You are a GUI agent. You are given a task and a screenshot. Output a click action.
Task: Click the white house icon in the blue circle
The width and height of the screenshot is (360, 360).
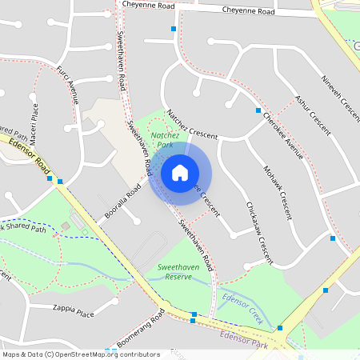pyautogui.click(x=180, y=172)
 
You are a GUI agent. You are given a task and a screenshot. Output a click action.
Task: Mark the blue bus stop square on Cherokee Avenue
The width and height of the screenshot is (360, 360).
pyautogui.click(x=258, y=110)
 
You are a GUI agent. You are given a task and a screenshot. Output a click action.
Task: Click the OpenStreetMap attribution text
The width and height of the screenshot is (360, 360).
pyautogui.click(x=80, y=354)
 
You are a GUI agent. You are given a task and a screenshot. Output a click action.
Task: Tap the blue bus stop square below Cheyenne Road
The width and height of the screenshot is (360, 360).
pyautogui.click(x=174, y=29)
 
